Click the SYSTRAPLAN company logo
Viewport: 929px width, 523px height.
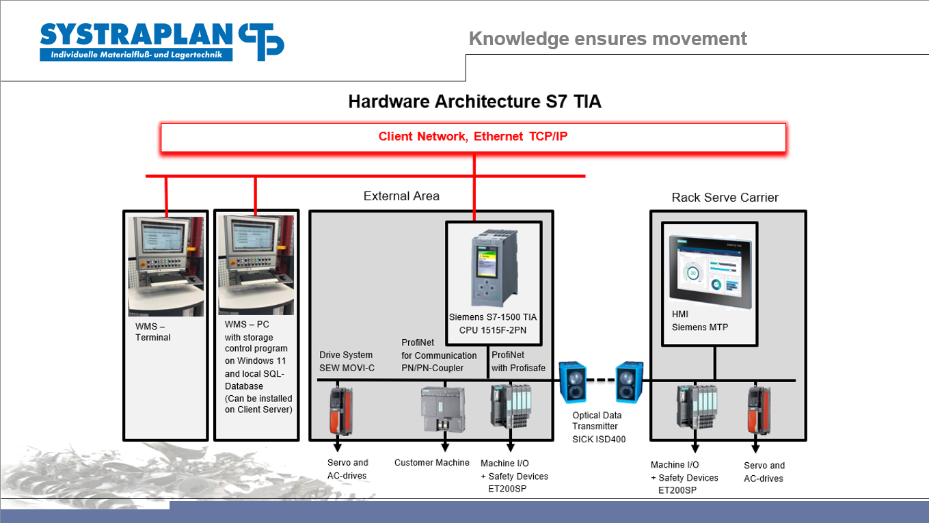tap(162, 42)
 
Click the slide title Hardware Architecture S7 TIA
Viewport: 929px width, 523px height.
tap(474, 102)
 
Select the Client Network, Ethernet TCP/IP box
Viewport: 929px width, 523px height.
tap(473, 137)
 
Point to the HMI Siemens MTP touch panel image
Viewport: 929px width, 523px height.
tap(710, 271)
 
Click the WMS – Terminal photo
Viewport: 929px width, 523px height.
tap(166, 266)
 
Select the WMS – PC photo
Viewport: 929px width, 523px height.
tap(256, 265)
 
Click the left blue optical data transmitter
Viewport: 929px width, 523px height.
tap(573, 382)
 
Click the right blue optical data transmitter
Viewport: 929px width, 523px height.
tap(629, 382)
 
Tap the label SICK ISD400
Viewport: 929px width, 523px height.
tap(598, 439)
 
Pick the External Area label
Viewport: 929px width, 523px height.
tap(401, 196)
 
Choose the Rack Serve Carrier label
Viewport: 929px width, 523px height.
tap(725, 198)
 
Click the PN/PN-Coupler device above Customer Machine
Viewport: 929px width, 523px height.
tap(443, 410)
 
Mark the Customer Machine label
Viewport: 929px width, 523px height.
tap(432, 462)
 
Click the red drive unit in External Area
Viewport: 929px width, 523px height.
tap(341, 411)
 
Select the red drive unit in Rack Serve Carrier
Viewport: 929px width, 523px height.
tap(759, 411)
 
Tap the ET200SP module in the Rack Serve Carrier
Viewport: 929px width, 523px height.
tap(697, 407)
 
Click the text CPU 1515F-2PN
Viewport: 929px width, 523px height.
tap(493, 330)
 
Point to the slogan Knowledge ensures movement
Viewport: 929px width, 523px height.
tap(608, 38)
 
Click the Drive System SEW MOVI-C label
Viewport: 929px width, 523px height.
tap(347, 361)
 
